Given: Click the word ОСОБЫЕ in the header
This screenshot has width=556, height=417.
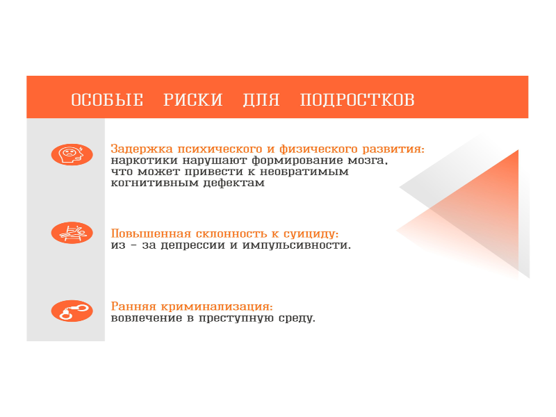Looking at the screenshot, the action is tap(107, 99).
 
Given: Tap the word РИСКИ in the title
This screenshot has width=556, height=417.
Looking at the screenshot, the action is tap(193, 99).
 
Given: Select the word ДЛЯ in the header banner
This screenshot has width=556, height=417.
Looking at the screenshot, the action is tap(261, 100).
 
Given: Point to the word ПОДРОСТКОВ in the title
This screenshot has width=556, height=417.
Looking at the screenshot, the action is tap(357, 99).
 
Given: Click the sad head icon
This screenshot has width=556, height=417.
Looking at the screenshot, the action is tap(72, 154).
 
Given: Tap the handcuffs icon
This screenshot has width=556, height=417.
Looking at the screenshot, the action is tap(72, 311).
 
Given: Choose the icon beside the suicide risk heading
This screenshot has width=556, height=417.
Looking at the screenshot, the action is tap(72, 233).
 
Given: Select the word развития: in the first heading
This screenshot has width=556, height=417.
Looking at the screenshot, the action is tap(393, 149).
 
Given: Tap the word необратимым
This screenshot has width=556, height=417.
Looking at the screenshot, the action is tap(304, 172).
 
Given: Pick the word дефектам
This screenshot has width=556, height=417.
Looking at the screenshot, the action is tap(234, 183).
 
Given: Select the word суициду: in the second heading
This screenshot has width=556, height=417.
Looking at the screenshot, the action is tap(311, 234).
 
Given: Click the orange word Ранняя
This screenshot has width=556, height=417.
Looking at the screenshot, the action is tap(133, 306).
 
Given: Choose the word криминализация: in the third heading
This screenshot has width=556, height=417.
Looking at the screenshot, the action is tap(217, 306).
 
